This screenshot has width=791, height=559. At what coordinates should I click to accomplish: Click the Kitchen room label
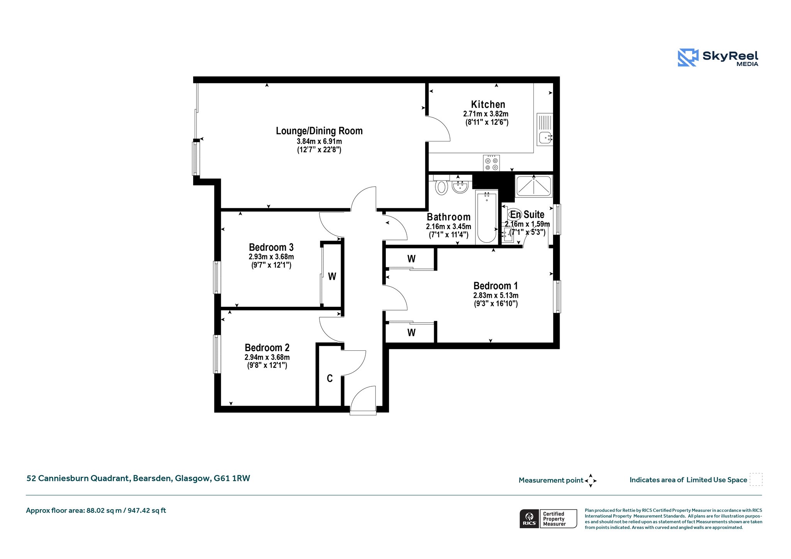point(488,104)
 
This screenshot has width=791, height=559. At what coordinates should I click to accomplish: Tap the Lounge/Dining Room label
point(319,131)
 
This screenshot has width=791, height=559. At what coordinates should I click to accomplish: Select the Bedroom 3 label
point(271,247)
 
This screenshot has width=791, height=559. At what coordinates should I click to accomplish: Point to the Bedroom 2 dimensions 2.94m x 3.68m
point(267,357)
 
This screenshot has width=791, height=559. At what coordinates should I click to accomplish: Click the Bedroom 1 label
point(496,286)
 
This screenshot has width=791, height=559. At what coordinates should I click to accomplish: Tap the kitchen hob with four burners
point(491,163)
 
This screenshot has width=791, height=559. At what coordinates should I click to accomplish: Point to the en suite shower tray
point(534,186)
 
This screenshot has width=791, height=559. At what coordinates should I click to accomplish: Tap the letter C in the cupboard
point(329,379)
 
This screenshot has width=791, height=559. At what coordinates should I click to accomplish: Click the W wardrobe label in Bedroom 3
point(332,276)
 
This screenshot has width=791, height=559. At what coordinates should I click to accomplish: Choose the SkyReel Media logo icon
point(688,58)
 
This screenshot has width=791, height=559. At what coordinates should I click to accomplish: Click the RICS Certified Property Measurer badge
point(548,518)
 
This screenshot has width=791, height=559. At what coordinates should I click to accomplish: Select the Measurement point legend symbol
point(591,481)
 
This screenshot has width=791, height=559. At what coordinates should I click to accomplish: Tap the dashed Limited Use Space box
point(756,479)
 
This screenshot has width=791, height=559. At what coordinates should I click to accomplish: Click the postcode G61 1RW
point(232,478)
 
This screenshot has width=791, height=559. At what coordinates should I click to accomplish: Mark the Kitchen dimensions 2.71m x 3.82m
point(485,114)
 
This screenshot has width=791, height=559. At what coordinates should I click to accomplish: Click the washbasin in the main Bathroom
point(460,187)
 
